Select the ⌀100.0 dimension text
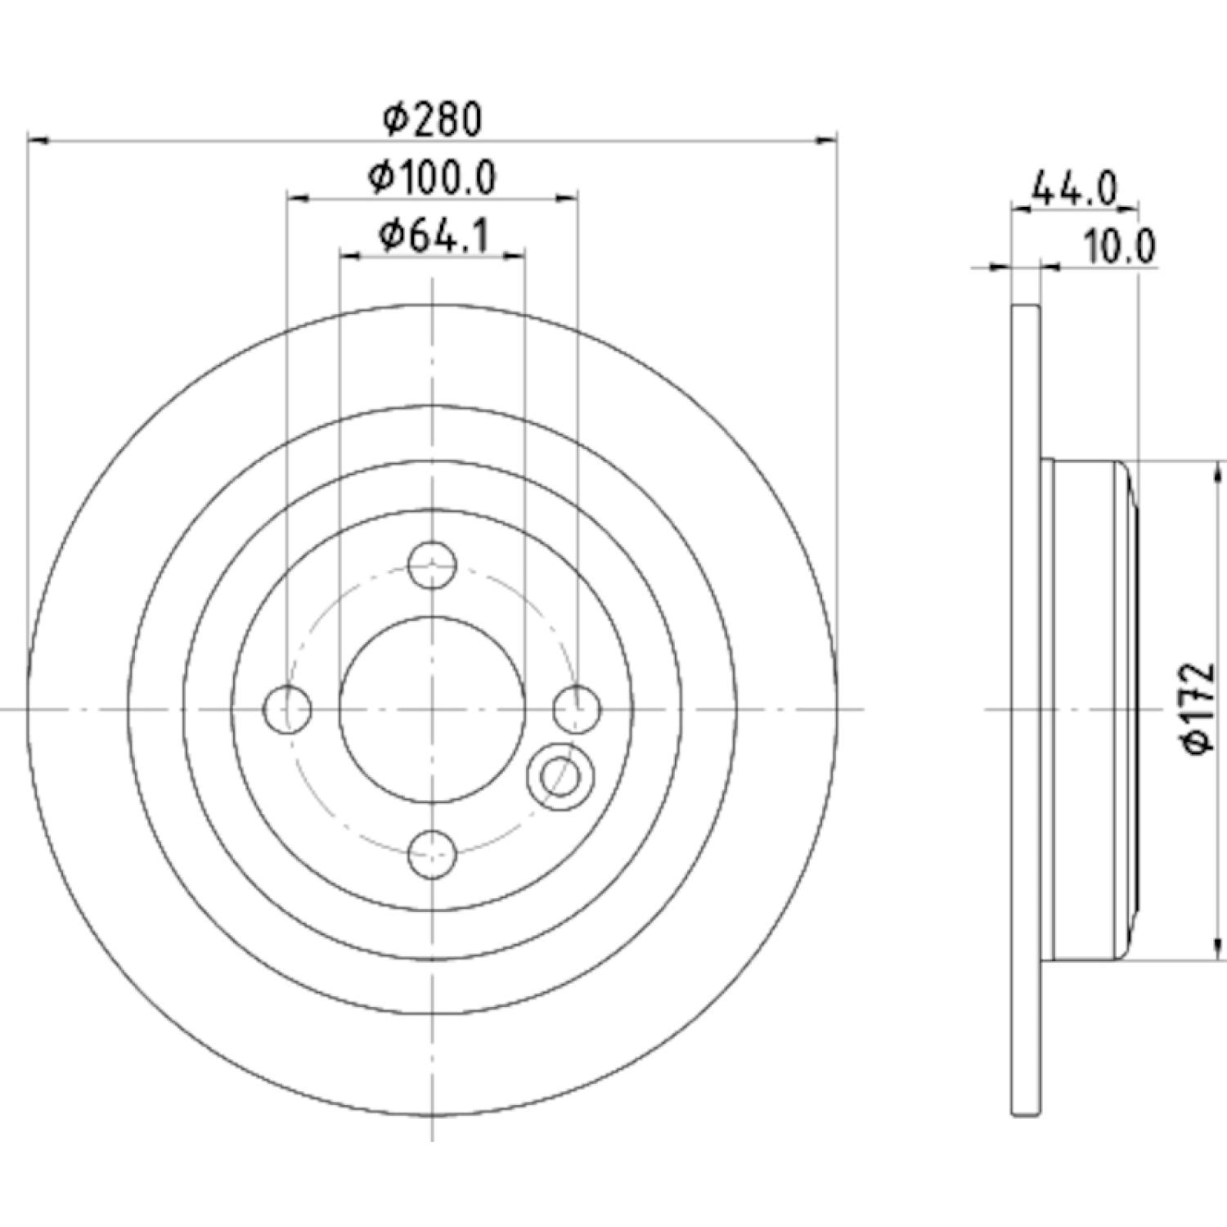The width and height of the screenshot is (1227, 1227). (x=432, y=177)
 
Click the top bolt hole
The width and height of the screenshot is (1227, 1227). (x=432, y=564)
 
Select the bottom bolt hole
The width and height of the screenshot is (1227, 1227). (x=432, y=853)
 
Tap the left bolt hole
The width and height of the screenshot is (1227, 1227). (x=289, y=708)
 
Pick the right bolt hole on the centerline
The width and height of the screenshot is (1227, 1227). (x=577, y=708)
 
